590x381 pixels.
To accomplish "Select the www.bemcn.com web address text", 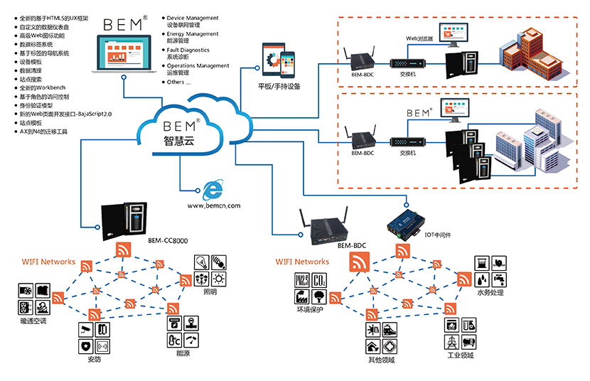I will (x=214, y=205).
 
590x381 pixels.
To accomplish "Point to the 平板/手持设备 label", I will (x=279, y=86).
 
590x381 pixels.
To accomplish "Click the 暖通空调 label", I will (x=33, y=321).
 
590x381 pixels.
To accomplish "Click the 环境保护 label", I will (x=311, y=310).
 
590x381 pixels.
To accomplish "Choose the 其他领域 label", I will (x=382, y=359).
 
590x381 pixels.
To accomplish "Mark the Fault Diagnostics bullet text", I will (x=189, y=50).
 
